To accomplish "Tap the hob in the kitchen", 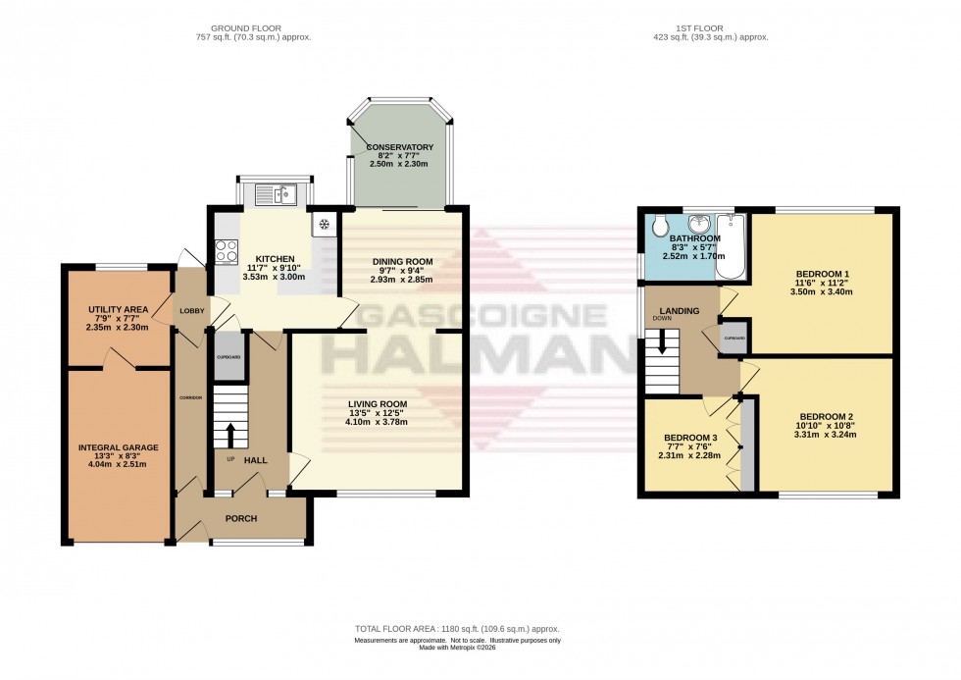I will tap(225, 251).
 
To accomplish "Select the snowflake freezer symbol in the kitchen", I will tap(324, 225).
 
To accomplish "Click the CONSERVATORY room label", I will tap(399, 148).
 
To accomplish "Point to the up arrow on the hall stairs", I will tap(231, 434).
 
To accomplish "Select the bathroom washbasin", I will tap(702, 222).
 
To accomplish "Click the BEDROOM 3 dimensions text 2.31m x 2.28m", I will tap(690, 455).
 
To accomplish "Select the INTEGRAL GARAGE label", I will tap(118, 447).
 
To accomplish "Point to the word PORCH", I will tap(240, 518).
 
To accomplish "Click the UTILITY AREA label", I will tap(117, 309).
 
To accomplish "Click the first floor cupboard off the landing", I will tap(734, 338).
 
